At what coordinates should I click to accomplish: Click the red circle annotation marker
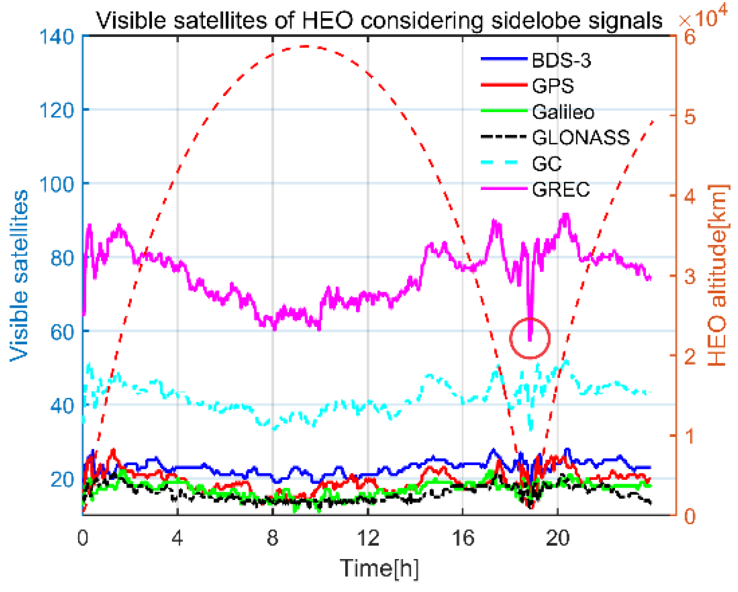click(x=530, y=338)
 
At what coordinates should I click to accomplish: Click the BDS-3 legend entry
click(x=561, y=61)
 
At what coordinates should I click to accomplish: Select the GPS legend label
click(x=553, y=86)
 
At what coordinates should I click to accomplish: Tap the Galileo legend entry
click(x=563, y=112)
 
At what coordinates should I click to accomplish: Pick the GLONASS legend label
click(x=580, y=137)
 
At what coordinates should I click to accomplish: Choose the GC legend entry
click(x=547, y=163)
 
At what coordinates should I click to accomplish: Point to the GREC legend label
click(x=561, y=189)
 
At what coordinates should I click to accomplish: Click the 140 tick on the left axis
click(x=56, y=36)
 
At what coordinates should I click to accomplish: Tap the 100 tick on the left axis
click(x=56, y=184)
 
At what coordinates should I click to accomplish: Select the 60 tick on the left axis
click(x=62, y=332)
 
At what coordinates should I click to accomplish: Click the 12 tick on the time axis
click(x=368, y=538)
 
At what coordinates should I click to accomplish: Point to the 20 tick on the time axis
click(x=558, y=538)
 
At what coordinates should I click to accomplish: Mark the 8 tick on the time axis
click(x=273, y=538)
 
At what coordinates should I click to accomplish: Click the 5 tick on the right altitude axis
click(x=690, y=117)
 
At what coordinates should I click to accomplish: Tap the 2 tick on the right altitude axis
click(x=690, y=356)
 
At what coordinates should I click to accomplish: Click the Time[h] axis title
click(x=379, y=568)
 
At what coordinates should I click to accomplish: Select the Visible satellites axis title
click(x=20, y=276)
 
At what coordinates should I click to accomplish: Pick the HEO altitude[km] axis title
click(x=717, y=276)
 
